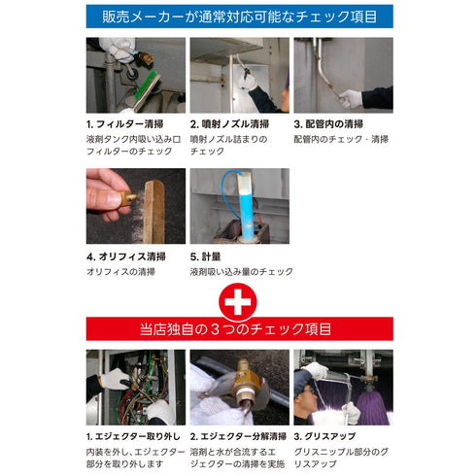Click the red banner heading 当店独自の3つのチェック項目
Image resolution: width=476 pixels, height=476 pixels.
(238, 328)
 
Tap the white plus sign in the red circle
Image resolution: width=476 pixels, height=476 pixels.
(238, 302)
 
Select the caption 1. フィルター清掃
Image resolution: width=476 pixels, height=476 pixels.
(125, 125)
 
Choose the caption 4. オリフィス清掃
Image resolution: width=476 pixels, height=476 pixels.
(126, 256)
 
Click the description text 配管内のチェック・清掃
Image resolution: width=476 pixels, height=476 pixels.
(342, 139)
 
